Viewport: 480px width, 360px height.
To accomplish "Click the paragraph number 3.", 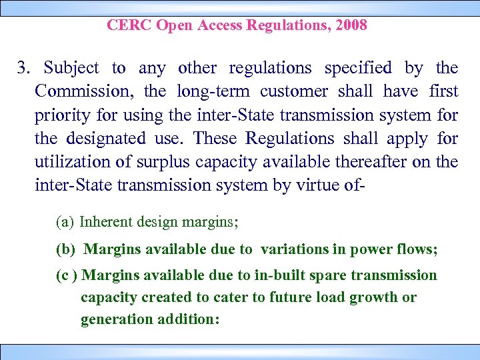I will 23,68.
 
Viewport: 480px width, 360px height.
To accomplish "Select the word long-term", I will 214,91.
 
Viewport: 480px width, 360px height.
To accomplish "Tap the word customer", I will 293,91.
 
